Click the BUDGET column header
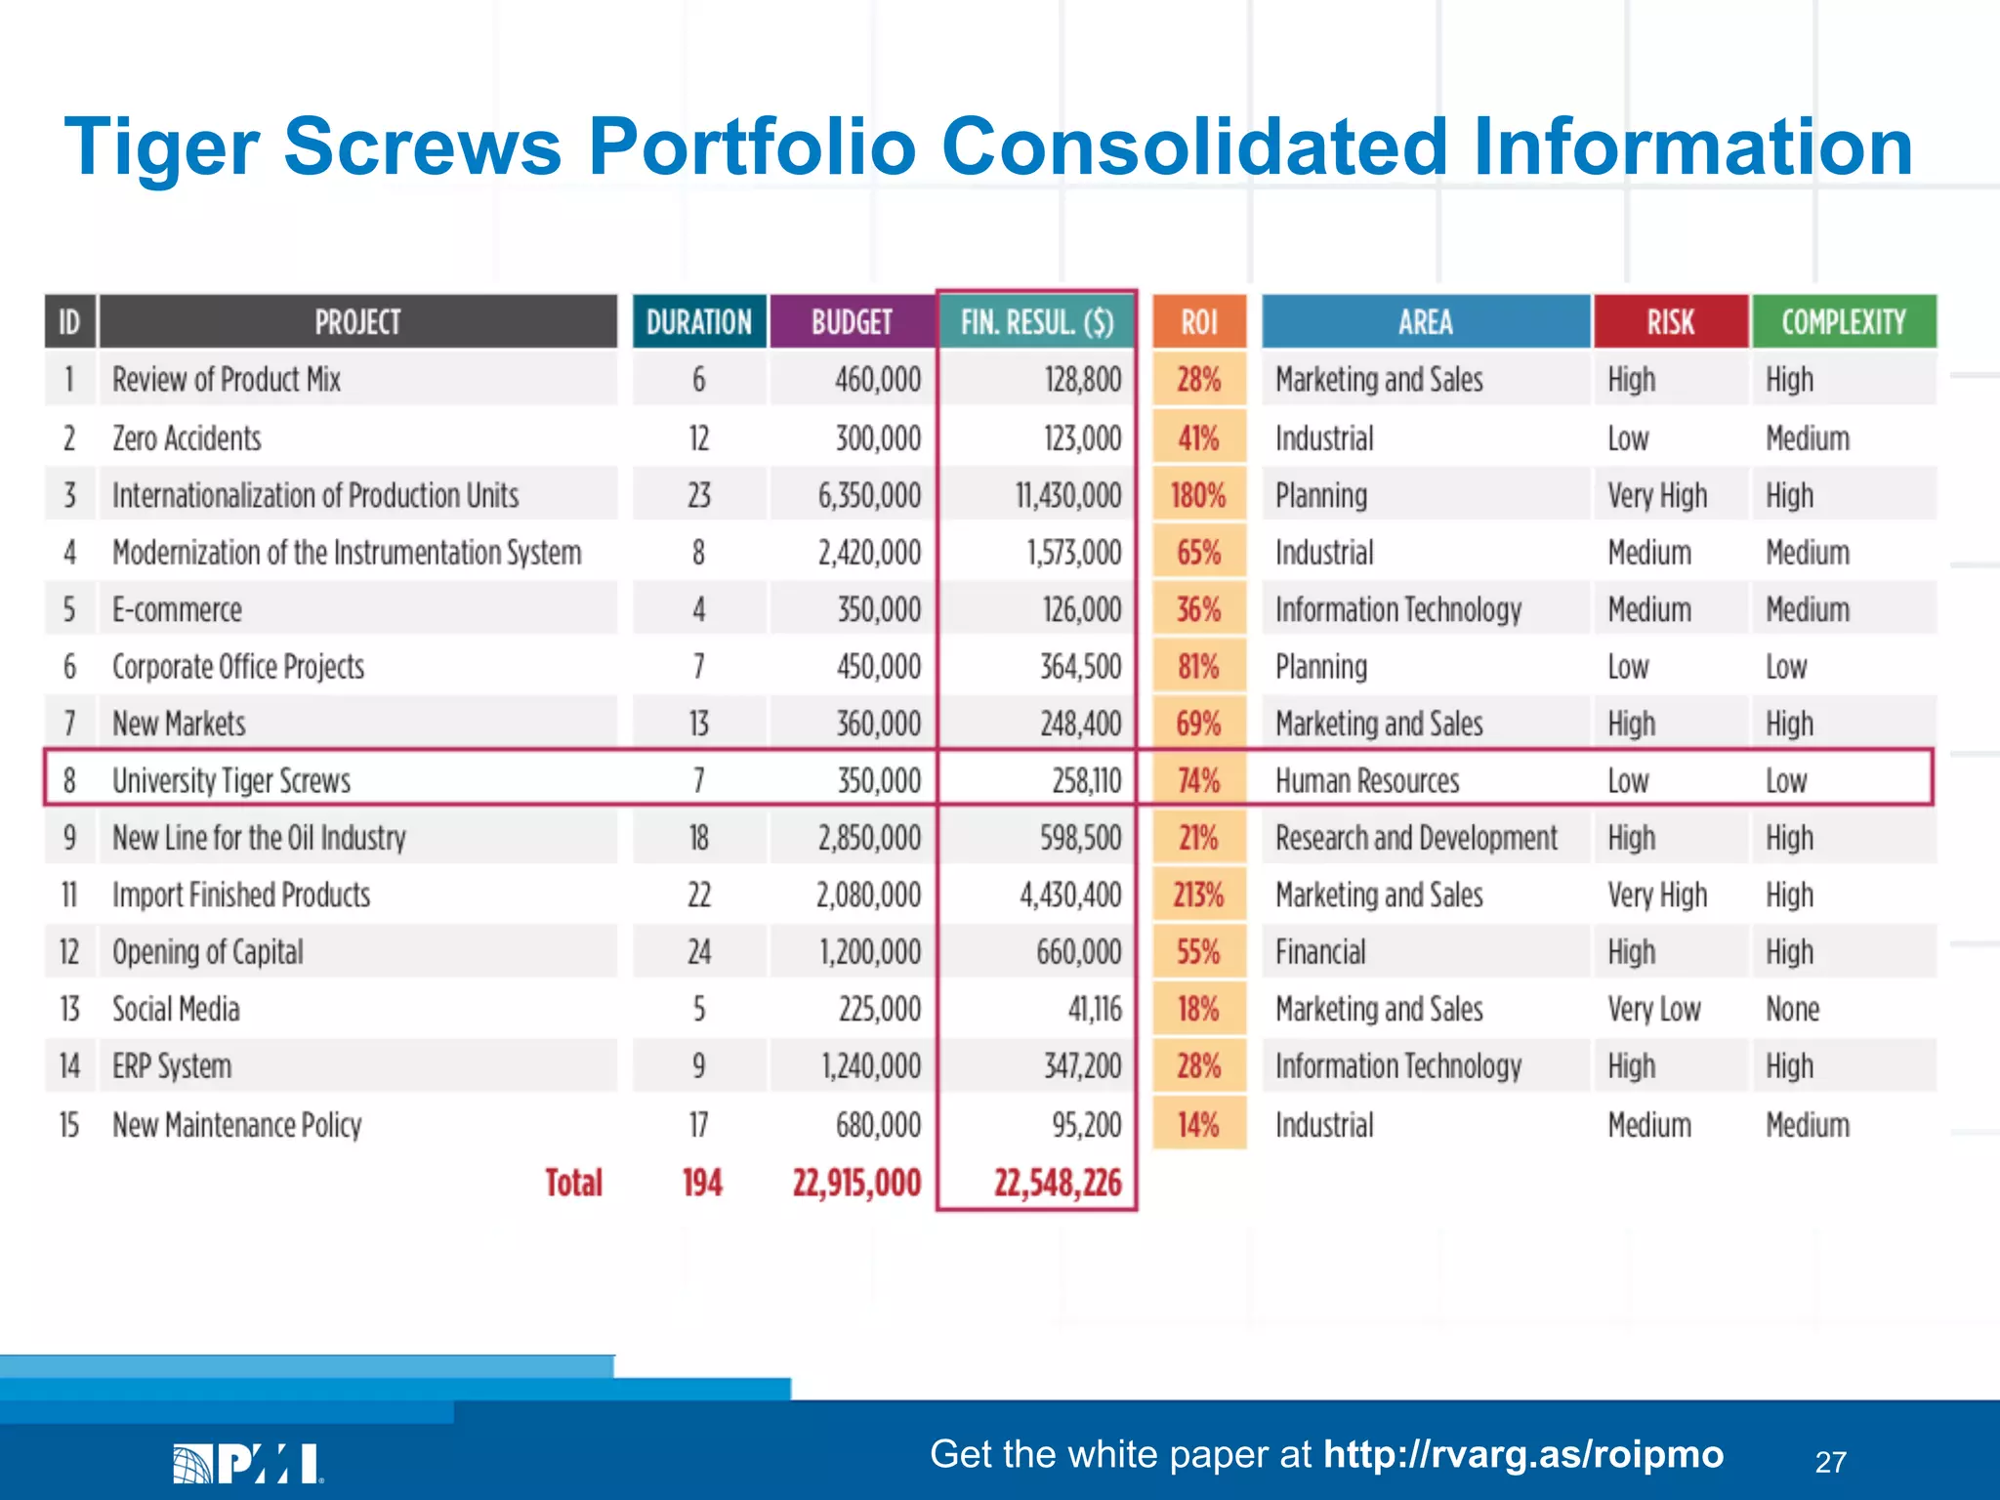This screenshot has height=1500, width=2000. click(852, 322)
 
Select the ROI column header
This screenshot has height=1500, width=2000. click(1199, 322)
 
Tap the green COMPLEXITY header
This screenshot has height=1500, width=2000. click(1843, 322)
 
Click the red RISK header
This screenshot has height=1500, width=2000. click(1670, 322)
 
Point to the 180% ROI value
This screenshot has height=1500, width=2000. click(1198, 496)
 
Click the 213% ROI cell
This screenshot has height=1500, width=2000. click(1198, 895)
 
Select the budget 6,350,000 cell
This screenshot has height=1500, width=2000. click(869, 496)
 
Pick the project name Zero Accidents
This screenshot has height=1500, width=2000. click(187, 438)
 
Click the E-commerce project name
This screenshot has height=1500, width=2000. click(177, 610)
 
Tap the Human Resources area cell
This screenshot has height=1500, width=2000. click(1366, 781)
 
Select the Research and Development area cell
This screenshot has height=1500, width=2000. click(1415, 838)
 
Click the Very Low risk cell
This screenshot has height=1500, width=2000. click(1653, 1009)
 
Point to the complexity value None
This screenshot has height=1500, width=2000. click(1792, 1009)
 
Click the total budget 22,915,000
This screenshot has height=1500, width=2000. click(856, 1183)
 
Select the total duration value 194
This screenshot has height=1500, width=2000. click(701, 1183)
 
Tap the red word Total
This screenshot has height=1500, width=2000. click(573, 1183)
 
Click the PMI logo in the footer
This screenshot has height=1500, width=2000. click(248, 1463)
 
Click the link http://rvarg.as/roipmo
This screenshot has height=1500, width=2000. click(1522, 1454)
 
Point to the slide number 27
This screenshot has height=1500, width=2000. click(1830, 1462)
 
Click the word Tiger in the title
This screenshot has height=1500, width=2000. click(161, 146)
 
